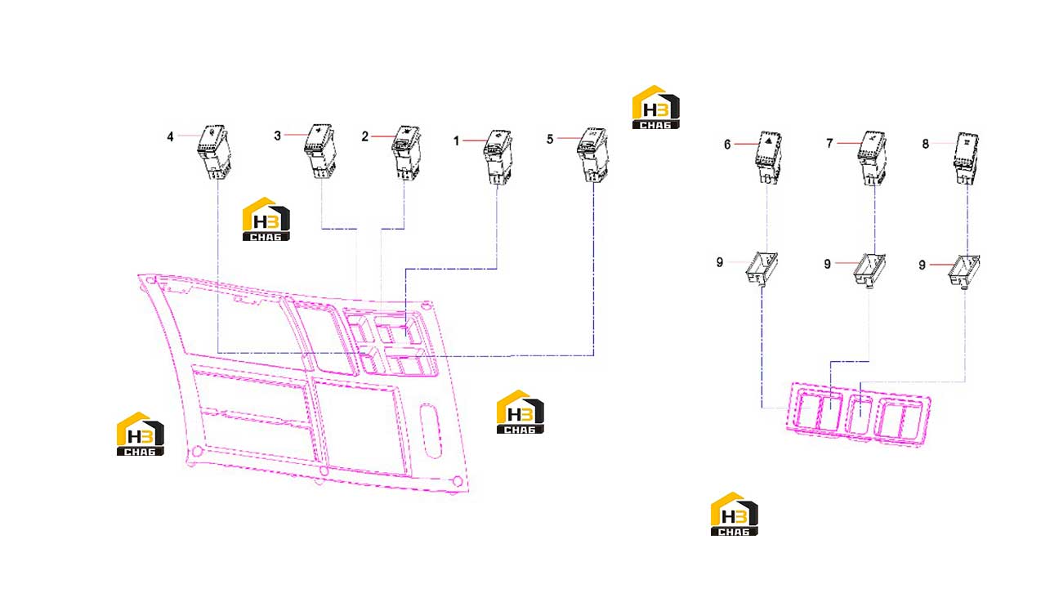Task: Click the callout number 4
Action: click(x=170, y=136)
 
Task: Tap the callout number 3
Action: click(x=278, y=136)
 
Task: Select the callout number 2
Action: click(x=364, y=136)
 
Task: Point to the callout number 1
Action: click(x=457, y=140)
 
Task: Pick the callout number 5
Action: click(x=550, y=140)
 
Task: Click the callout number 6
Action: click(x=727, y=145)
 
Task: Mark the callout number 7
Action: click(x=829, y=144)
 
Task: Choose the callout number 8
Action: click(x=925, y=144)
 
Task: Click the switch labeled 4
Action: click(x=214, y=152)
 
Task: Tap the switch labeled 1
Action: click(x=498, y=157)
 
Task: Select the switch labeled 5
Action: click(x=592, y=154)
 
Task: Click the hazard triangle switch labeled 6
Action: click(x=768, y=157)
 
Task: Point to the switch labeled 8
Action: click(x=966, y=158)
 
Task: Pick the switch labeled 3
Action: click(x=320, y=151)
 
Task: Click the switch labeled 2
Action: click(x=406, y=153)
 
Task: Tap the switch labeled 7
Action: click(x=872, y=158)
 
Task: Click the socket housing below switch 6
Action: click(x=762, y=268)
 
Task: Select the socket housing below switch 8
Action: click(x=964, y=271)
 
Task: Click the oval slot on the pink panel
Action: click(x=431, y=430)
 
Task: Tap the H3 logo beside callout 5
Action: click(x=656, y=107)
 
